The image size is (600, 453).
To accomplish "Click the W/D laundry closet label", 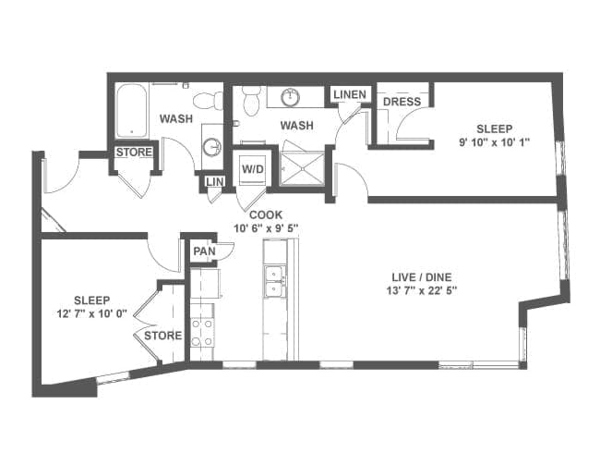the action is [x=253, y=168].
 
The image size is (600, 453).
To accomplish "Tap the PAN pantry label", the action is [x=204, y=251].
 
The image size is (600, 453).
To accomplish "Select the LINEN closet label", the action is [x=350, y=94].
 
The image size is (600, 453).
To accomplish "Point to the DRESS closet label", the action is [x=402, y=102].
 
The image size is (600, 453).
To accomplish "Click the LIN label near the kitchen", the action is [x=214, y=181].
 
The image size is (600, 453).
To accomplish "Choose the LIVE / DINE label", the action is [x=422, y=277].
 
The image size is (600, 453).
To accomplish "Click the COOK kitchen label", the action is [x=266, y=215].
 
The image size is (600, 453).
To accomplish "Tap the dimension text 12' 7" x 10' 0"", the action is [x=91, y=314].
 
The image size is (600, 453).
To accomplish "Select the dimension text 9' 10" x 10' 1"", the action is [x=494, y=142].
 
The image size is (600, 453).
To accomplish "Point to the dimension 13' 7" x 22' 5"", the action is [x=422, y=290].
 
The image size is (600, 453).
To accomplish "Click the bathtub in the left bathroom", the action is [x=132, y=110].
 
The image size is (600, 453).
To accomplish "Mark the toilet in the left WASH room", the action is [x=209, y=101].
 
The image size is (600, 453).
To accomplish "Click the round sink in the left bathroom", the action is [x=212, y=146].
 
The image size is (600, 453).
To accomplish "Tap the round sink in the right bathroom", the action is [x=291, y=97].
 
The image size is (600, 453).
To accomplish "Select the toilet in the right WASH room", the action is [x=251, y=101].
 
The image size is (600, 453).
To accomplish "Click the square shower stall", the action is [x=302, y=168].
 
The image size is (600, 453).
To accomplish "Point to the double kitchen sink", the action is [x=275, y=281].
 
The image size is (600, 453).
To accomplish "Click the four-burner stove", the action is [x=202, y=333].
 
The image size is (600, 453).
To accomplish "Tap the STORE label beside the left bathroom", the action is [x=134, y=153].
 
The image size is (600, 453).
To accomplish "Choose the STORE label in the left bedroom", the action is [x=162, y=336].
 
